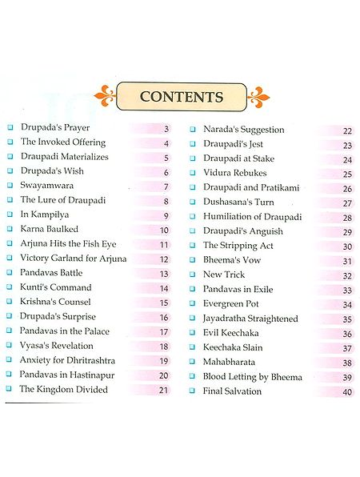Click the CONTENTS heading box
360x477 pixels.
[181, 97]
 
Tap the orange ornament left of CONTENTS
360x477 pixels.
[105, 96]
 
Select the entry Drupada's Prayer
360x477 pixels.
[54, 128]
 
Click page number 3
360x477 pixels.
[166, 129]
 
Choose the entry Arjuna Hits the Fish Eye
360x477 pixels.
[71, 244]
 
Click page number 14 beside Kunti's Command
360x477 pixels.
[164, 288]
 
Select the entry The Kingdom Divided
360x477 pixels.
[63, 389]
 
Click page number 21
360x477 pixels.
[164, 390]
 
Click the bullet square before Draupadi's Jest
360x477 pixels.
[193, 145]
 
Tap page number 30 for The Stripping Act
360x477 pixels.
[347, 247]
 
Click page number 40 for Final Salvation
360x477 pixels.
[347, 392]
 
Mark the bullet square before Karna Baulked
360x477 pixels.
[10, 230]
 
